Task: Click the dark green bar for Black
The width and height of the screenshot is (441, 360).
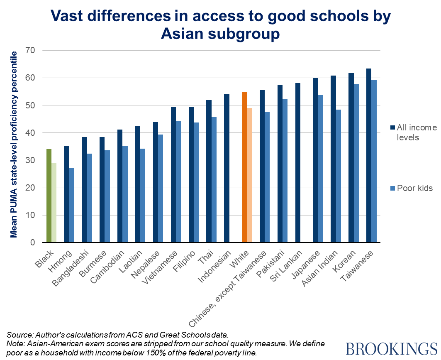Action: pos(49,196)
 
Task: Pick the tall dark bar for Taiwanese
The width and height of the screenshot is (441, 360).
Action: pos(369,155)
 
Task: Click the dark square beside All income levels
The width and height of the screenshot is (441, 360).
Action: pos(392,127)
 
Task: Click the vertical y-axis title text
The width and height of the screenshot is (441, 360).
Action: pos(15,144)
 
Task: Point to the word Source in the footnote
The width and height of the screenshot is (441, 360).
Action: pos(19,335)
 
